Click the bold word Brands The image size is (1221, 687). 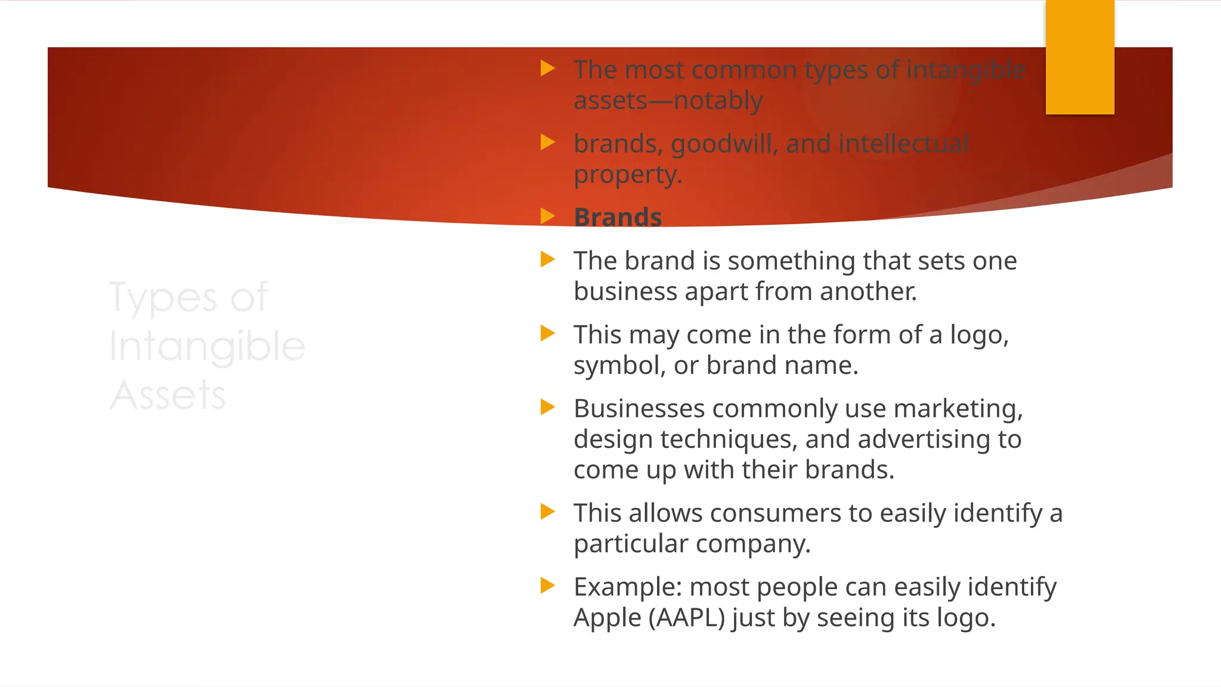pos(618,217)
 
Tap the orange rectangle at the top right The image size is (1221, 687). pos(1080,57)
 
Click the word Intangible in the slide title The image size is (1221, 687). pos(207,346)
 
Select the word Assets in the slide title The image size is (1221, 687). pos(168,395)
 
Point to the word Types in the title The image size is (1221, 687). pos(163,298)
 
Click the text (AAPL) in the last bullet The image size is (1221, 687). pos(686,618)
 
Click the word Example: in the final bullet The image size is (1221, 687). pos(627,587)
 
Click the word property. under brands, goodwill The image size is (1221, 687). pos(627,175)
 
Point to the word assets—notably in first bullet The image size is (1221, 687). pos(668,101)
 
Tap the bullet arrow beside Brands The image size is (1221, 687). pos(547,216)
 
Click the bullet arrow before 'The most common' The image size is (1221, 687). pos(547,68)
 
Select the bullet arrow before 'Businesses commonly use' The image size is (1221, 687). pos(547,407)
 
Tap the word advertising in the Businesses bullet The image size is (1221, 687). pos(921,440)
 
